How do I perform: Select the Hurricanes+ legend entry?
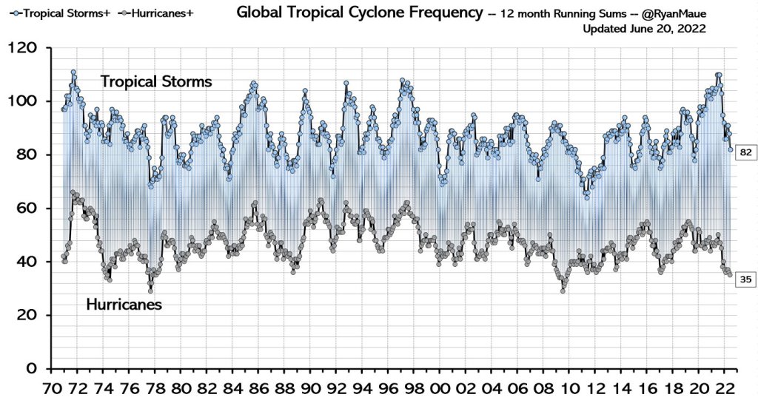pyautogui.click(x=152, y=12)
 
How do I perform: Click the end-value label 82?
pyautogui.click(x=745, y=152)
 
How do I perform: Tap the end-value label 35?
pyautogui.click(x=745, y=279)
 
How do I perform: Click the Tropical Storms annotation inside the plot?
pyautogui.click(x=156, y=81)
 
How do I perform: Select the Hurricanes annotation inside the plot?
pyautogui.click(x=124, y=303)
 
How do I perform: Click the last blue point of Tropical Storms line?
pyautogui.click(x=731, y=149)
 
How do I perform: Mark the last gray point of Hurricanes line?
pyautogui.click(x=731, y=275)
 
